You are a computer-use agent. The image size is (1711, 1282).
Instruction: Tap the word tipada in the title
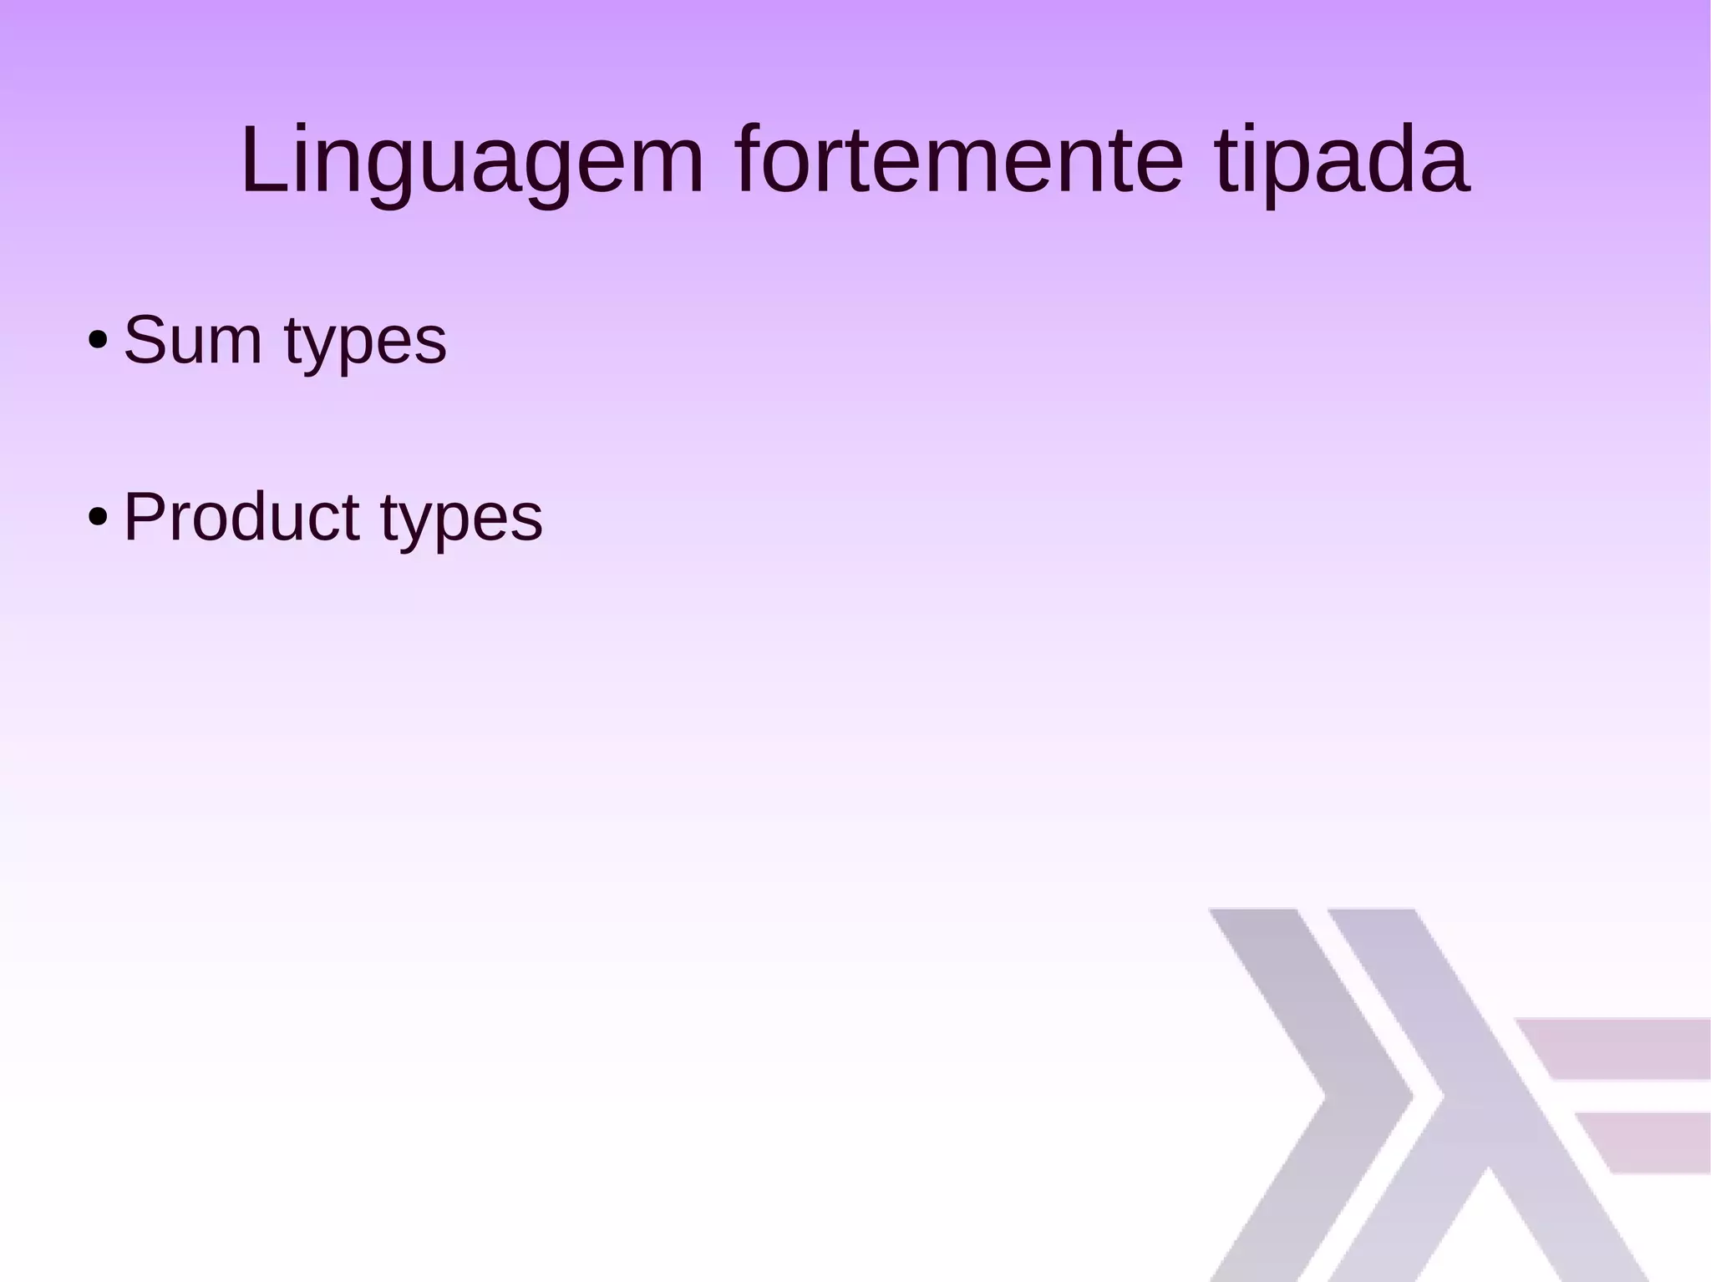[1342, 160]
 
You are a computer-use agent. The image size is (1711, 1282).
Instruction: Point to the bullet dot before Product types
[98, 517]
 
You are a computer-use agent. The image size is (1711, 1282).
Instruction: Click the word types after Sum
[365, 344]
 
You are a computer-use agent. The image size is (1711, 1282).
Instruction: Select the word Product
[241, 517]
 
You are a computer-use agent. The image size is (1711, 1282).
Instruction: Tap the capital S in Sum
[146, 340]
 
